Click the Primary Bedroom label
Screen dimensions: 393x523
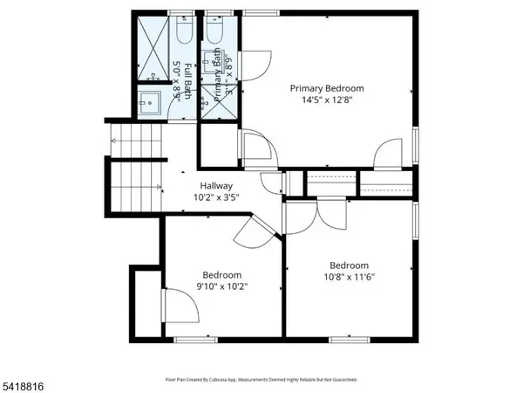(x=326, y=88)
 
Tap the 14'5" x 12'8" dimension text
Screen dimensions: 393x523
(x=326, y=100)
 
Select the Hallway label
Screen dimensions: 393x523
(x=216, y=185)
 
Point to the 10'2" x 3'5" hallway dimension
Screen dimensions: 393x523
(x=216, y=197)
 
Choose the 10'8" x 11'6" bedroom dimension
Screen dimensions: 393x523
(x=349, y=278)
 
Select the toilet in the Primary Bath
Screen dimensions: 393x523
(x=215, y=32)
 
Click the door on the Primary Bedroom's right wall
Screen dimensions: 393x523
(x=388, y=155)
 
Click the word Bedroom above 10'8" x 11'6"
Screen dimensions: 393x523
(x=349, y=265)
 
